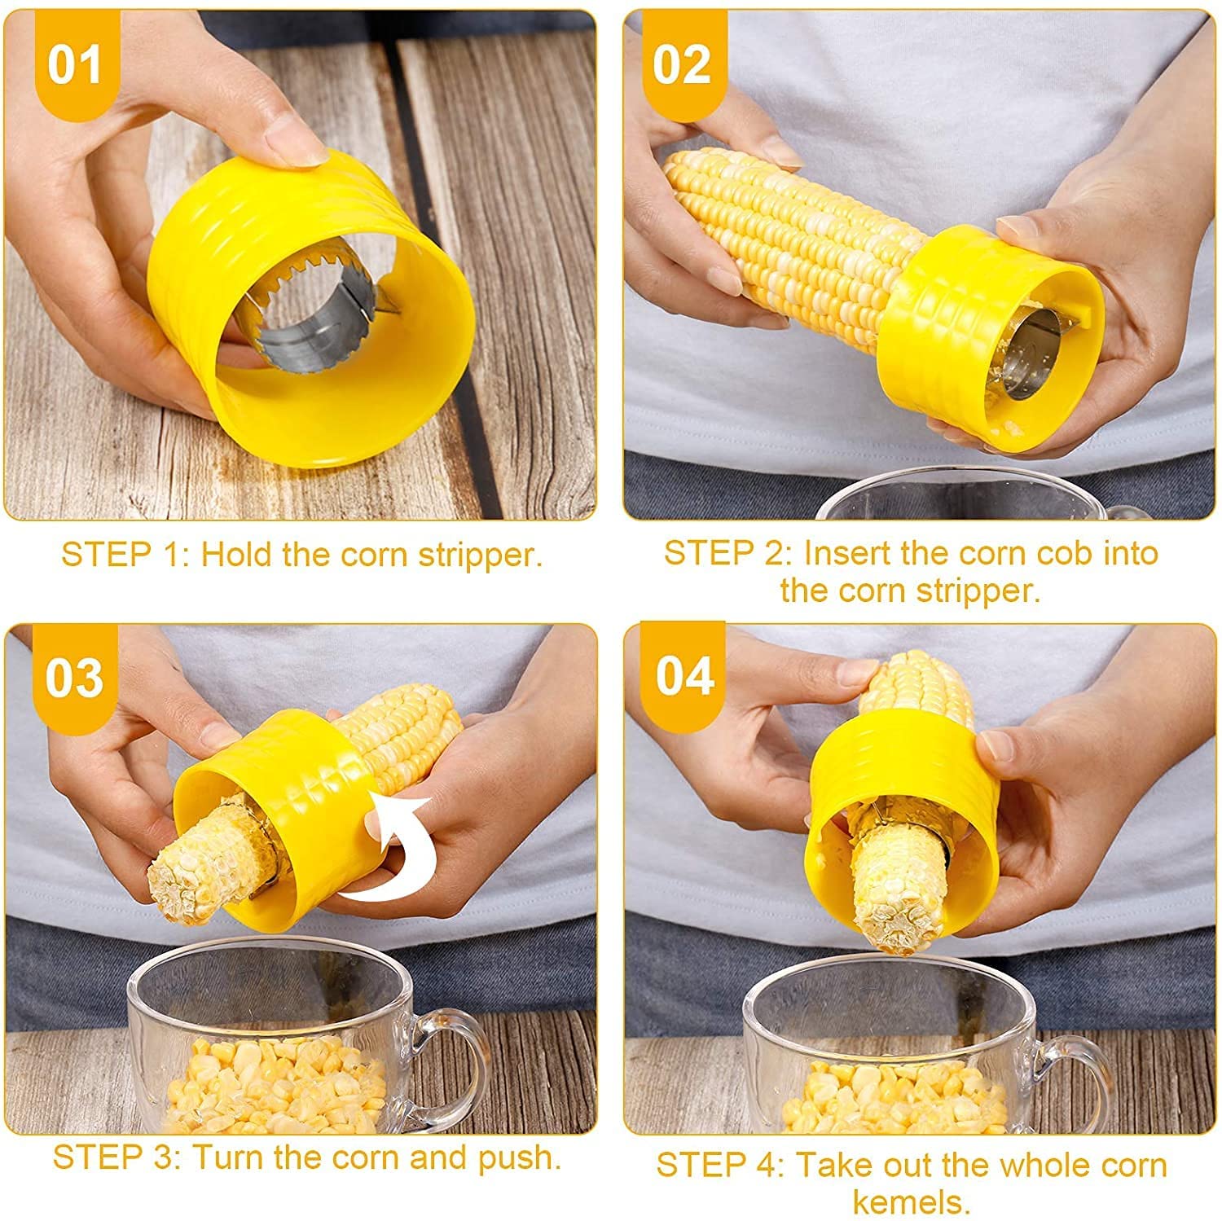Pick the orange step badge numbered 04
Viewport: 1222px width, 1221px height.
tap(684, 675)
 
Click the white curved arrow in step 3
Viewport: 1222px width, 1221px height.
tap(391, 863)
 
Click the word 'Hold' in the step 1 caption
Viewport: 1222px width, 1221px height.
tap(236, 555)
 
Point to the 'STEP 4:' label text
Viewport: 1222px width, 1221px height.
tap(720, 1165)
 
